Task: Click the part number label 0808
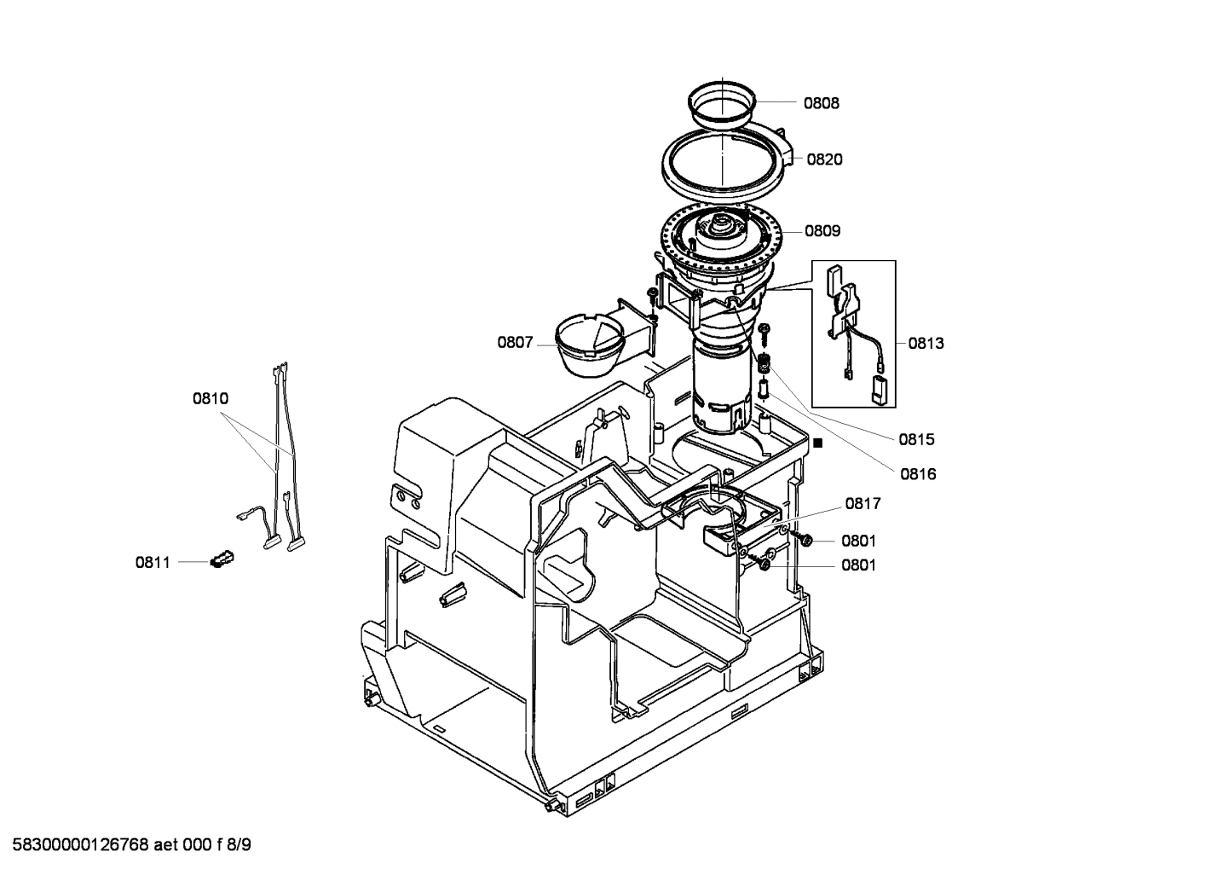821,103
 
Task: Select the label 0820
824,159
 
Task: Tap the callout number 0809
822,230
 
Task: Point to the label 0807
515,343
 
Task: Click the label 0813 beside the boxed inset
926,344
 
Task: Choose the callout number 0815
916,440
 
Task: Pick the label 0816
917,474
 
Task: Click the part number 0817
863,504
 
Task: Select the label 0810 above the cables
210,398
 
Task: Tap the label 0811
153,563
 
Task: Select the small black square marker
817,443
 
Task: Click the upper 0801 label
858,541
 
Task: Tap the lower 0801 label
858,565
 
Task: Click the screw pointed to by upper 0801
803,540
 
